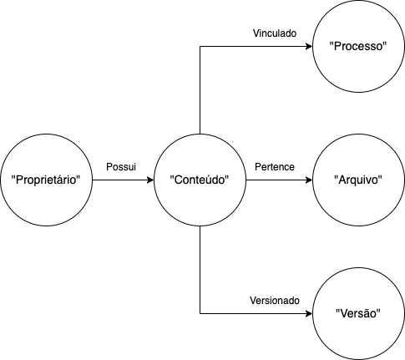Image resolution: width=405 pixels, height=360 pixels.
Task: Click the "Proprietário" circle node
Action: (x=50, y=180)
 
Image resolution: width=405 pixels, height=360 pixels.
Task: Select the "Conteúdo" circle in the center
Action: (x=200, y=180)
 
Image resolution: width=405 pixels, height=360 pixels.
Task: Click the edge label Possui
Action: (x=121, y=167)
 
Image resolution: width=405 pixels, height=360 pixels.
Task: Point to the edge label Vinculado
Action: (x=275, y=33)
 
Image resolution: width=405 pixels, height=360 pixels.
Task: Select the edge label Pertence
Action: (x=274, y=167)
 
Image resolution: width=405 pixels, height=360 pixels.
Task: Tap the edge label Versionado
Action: (x=274, y=301)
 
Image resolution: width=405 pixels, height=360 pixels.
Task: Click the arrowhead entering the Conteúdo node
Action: (x=150, y=180)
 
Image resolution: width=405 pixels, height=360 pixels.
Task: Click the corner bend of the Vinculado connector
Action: (x=200, y=47)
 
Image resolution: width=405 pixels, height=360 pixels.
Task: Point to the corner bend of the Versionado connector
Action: (x=200, y=314)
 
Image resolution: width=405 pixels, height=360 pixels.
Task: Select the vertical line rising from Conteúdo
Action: (x=200, y=92)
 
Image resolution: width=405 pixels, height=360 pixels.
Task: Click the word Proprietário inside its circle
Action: (x=50, y=180)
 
